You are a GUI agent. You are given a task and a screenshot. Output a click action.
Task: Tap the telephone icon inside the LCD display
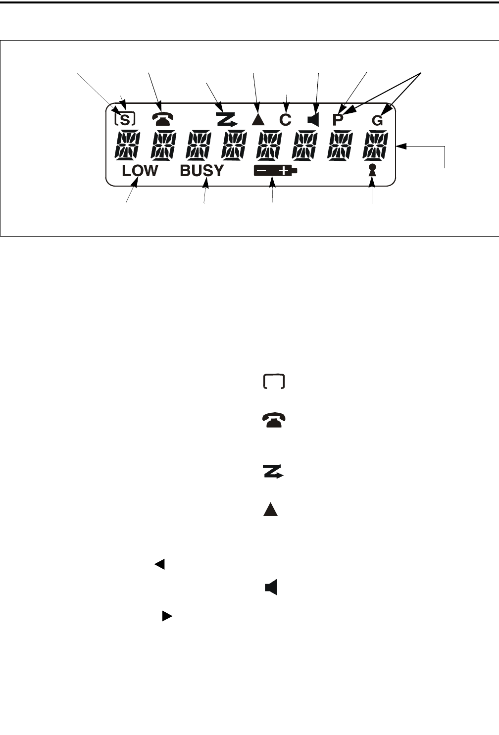[x=162, y=119]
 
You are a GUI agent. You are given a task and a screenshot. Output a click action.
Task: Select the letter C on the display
[x=285, y=120]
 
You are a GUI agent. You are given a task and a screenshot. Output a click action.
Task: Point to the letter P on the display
[x=338, y=120]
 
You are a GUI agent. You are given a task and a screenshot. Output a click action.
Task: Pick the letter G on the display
[x=377, y=120]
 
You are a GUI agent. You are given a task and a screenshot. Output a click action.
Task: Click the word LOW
[x=140, y=171]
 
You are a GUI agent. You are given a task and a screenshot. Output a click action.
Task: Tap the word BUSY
[x=201, y=171]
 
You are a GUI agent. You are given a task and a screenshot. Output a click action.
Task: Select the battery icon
[x=275, y=171]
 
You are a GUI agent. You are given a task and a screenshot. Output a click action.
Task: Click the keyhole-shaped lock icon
[x=373, y=171]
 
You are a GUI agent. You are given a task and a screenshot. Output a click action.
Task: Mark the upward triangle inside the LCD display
[x=257, y=119]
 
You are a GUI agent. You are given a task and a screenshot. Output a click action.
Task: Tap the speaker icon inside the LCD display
[x=313, y=119]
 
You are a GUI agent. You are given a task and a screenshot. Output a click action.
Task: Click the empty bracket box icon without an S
[x=274, y=382]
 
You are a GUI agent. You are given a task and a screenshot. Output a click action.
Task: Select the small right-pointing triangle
[x=167, y=616]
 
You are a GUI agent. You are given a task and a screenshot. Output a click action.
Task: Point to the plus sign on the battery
[x=284, y=171]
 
